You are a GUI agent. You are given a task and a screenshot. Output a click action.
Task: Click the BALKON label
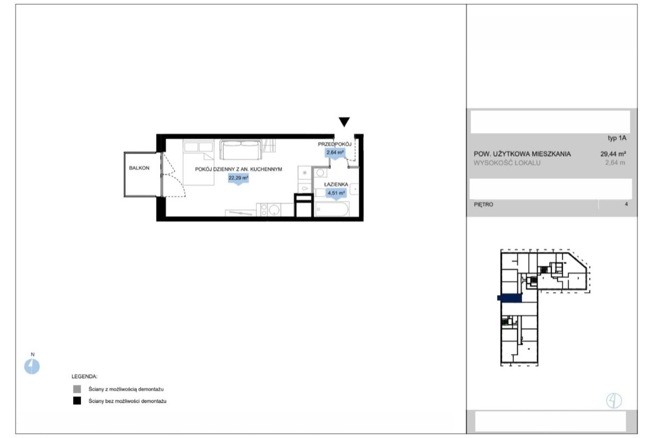tap(139, 168)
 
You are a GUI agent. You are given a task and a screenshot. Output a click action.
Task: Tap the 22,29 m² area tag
tap(238, 179)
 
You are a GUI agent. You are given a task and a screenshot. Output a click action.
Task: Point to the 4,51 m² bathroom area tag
tap(336, 194)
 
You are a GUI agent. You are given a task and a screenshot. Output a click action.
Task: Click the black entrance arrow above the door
tap(344, 122)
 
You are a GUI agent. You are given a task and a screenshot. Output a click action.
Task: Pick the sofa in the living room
tap(241, 150)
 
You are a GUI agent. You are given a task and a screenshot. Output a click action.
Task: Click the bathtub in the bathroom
tap(332, 209)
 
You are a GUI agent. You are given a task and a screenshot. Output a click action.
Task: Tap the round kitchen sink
tap(274, 210)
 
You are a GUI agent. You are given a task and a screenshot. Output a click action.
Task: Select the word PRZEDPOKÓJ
tap(335, 144)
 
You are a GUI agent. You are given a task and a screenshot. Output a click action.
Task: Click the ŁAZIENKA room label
tap(336, 185)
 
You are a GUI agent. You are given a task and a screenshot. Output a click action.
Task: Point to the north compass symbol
tap(32, 366)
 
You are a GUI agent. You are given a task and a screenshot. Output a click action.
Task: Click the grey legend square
tap(77, 389)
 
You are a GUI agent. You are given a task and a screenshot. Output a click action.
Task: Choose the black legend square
tap(77, 401)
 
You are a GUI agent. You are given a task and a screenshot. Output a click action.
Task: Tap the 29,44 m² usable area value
tap(613, 153)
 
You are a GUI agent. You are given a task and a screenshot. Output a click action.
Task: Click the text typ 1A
tap(617, 138)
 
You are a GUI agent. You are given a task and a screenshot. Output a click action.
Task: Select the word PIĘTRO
tap(483, 204)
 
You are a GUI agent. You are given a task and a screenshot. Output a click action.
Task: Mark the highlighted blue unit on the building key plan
tap(510, 298)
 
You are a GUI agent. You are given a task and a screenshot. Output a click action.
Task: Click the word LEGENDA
tap(84, 377)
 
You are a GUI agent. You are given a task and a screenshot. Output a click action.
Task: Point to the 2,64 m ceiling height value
tap(615, 163)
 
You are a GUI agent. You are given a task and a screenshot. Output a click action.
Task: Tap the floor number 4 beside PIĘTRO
tap(626, 204)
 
